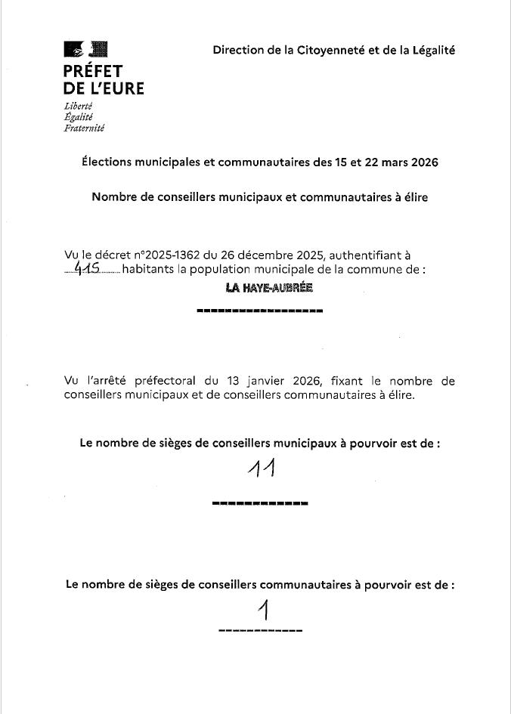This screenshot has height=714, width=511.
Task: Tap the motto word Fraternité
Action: tap(85, 128)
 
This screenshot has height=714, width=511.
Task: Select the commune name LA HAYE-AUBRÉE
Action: tap(259, 288)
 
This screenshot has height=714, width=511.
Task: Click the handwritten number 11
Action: tap(260, 470)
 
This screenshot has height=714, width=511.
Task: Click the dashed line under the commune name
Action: tap(259, 311)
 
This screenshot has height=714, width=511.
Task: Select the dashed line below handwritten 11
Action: tap(260, 502)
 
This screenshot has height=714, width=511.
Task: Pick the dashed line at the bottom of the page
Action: tap(260, 630)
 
